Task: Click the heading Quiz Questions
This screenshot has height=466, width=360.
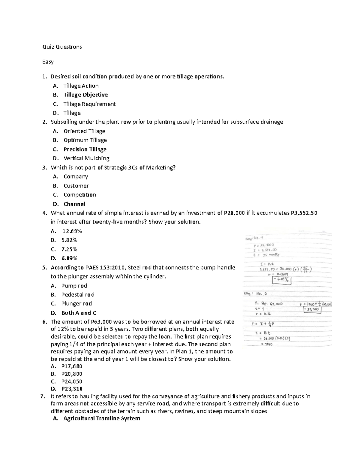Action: point(62,47)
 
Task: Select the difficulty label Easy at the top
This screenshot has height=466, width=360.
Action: point(48,62)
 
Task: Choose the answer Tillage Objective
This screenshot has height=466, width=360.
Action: point(85,95)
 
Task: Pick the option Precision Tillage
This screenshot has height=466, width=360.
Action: point(85,149)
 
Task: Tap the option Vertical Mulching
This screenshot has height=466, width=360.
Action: point(86,158)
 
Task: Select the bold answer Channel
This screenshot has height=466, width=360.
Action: point(74,204)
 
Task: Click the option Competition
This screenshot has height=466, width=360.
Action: point(80,195)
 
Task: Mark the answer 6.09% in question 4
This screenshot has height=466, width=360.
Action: point(69,258)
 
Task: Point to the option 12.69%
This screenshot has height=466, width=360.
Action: point(72,231)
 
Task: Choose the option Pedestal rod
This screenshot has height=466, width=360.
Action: point(78,295)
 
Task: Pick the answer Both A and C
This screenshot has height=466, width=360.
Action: point(79,313)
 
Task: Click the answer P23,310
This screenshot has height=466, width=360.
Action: point(72,389)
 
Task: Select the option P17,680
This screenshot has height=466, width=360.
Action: point(71,366)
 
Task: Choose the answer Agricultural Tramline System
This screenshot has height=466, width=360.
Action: point(102,419)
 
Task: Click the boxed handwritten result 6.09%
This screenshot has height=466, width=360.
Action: point(281,280)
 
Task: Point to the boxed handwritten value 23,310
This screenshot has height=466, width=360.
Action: point(312,309)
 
